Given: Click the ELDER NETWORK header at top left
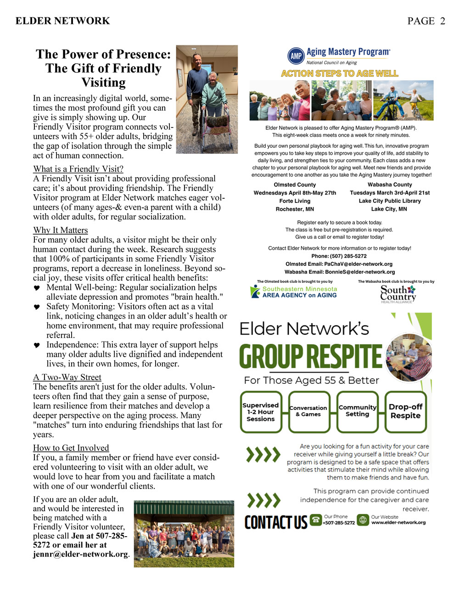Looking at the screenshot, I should [63, 21].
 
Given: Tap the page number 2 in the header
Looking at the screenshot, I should [442, 21].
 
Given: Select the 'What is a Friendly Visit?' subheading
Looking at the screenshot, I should [78, 169].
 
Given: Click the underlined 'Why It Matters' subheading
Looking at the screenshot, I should [60, 230].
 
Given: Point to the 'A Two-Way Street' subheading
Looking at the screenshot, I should [67, 377].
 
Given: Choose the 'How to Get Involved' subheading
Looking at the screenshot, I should [71, 448].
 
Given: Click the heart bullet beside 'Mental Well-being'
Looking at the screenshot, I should [37, 288].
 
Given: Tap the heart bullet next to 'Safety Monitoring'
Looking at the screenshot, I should [37, 307].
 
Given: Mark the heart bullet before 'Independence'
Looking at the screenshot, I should [37, 345].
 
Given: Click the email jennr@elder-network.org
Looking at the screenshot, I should [80, 554].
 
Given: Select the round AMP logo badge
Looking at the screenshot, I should [296, 56].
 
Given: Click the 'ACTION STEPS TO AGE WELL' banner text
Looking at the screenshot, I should [340, 73].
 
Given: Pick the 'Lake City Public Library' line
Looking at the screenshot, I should [390, 201].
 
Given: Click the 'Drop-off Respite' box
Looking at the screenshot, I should [405, 411].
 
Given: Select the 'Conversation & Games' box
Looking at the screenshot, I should [308, 411].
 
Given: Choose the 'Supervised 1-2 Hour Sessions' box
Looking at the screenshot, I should [260, 412].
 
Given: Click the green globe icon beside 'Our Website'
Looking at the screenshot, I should [363, 520].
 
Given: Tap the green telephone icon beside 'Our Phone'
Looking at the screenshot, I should [316, 520].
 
